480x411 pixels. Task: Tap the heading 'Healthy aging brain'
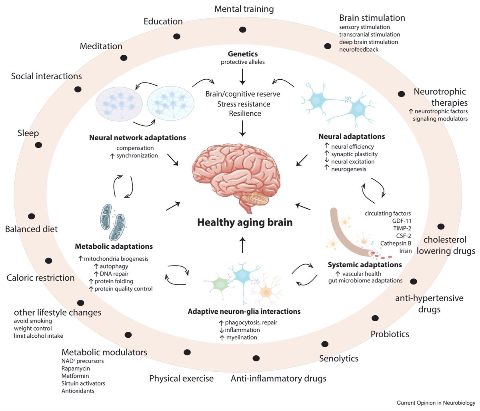(245, 222)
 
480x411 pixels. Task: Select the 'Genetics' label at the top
(243, 54)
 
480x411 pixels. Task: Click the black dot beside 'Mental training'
(242, 30)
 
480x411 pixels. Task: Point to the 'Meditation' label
(101, 46)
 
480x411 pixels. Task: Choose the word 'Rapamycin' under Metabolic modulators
(76, 369)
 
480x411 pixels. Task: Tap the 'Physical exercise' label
(181, 378)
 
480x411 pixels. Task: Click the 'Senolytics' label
(338, 358)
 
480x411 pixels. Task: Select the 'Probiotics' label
(390, 334)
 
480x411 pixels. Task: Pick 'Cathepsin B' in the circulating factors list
(396, 243)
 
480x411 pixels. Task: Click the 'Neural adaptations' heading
(352, 137)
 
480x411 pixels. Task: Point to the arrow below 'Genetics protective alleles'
(242, 76)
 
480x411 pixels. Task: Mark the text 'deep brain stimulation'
(368, 42)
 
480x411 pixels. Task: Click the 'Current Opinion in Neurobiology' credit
(436, 403)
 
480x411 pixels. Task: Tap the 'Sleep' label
(28, 133)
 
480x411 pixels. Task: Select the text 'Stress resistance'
(244, 104)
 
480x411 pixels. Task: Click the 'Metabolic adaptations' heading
(114, 246)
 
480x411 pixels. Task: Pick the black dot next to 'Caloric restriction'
(49, 261)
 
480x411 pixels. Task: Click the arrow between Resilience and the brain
(242, 129)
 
